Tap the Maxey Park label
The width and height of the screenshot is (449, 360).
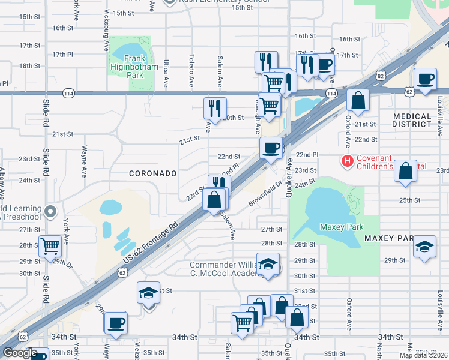point(339,227)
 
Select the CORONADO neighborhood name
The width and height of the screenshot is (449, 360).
point(153,173)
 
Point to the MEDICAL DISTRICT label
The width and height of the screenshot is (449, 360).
point(412,120)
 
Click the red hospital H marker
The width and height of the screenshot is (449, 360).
point(347,161)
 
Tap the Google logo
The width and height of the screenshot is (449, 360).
point(20,353)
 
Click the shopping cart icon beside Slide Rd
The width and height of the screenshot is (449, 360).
point(50,245)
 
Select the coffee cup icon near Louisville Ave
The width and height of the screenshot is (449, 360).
point(425,79)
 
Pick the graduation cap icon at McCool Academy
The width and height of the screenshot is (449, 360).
point(268,264)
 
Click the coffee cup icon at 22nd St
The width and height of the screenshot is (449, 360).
point(271,147)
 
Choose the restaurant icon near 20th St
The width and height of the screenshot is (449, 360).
point(215,108)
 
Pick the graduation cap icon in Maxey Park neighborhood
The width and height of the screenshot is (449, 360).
point(425,247)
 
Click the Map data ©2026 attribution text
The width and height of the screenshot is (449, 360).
point(423,355)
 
